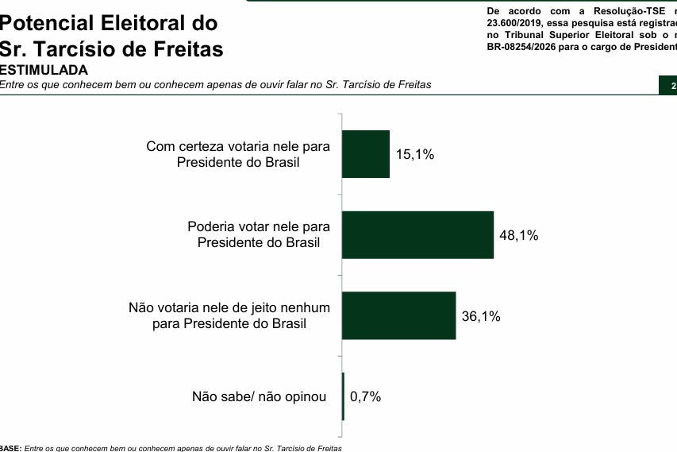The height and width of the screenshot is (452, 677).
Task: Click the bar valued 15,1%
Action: point(366,154)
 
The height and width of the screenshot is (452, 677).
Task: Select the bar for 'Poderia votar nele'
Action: point(417,235)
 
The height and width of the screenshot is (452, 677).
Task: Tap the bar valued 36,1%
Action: point(398,315)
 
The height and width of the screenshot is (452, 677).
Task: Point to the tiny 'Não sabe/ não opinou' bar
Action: point(343,396)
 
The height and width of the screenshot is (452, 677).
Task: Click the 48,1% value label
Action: point(519,235)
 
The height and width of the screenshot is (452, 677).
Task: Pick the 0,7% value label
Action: point(365,396)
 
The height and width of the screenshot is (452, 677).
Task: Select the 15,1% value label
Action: point(415,154)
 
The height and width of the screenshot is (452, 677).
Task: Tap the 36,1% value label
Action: point(481,316)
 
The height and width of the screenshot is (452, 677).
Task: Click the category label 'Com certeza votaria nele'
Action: point(238,154)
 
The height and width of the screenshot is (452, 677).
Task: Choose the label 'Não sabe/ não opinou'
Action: point(260,396)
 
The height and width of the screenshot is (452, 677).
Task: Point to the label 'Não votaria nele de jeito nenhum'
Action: point(229,315)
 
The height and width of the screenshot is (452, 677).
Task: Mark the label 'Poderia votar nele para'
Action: point(259,234)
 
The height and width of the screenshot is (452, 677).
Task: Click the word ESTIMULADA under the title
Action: point(44,70)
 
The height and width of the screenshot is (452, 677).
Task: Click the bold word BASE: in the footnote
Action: point(11,449)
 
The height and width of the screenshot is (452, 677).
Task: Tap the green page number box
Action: point(668,86)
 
